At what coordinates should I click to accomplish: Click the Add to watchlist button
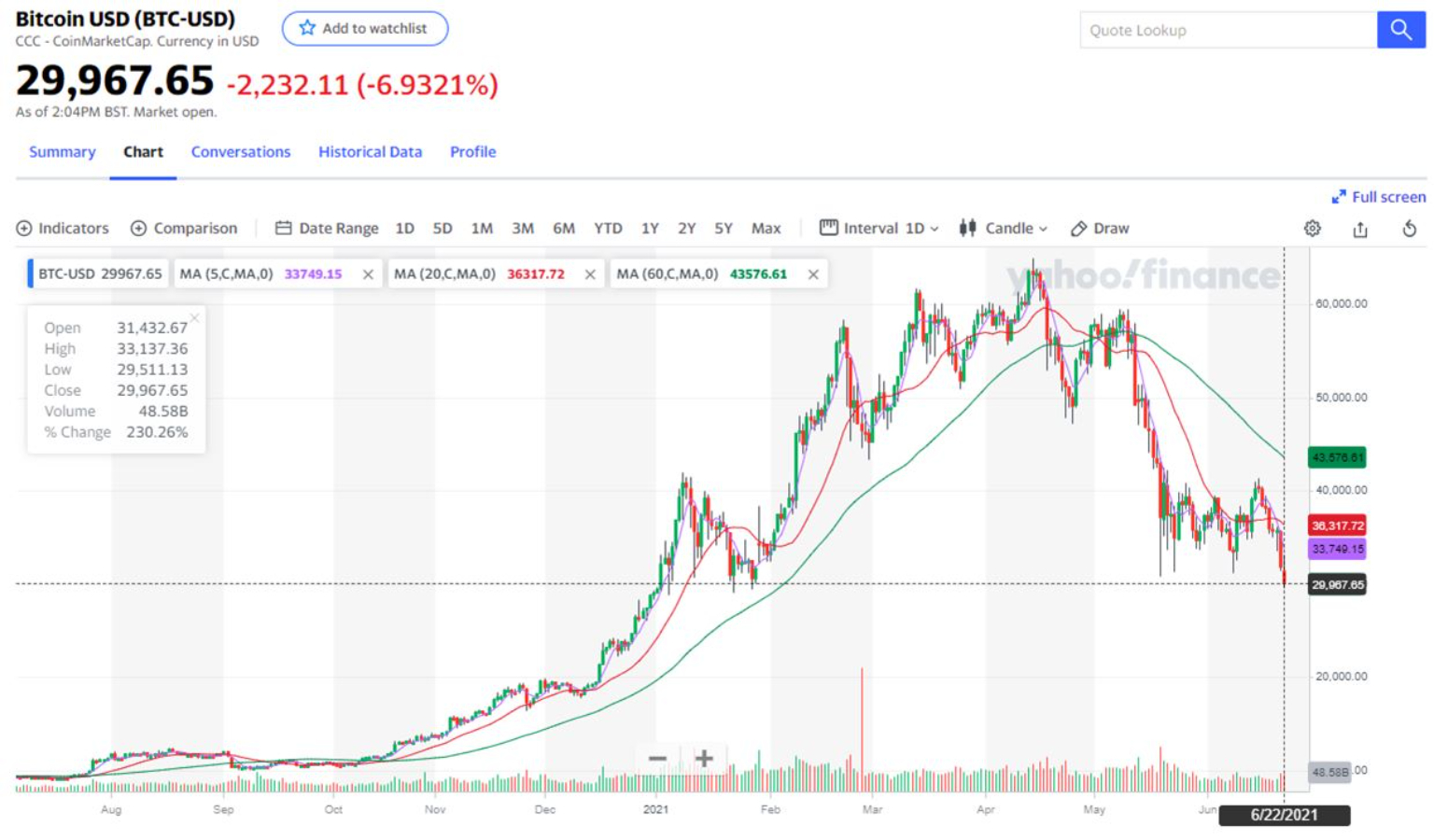tap(364, 29)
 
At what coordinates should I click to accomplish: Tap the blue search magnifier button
tap(1400, 30)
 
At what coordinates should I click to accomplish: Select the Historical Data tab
tap(370, 152)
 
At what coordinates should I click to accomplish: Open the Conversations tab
tap(241, 152)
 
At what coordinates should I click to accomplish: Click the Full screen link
tap(1379, 197)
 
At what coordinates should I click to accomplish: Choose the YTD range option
tap(608, 229)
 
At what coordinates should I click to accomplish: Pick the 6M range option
tap(564, 229)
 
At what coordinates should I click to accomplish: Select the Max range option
tap(766, 229)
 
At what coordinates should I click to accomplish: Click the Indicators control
tap(63, 229)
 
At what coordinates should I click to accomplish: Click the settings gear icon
tap(1313, 229)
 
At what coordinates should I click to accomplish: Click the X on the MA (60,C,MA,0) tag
tap(813, 274)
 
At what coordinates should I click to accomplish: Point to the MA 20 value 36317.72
tap(536, 274)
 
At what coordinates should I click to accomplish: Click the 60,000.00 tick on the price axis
tap(1341, 303)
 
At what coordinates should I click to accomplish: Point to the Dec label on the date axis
tap(544, 809)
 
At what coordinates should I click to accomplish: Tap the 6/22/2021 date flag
tap(1284, 815)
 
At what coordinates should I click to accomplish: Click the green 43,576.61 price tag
tap(1337, 457)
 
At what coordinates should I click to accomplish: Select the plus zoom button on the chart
tap(704, 759)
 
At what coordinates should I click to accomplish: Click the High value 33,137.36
tap(152, 349)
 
